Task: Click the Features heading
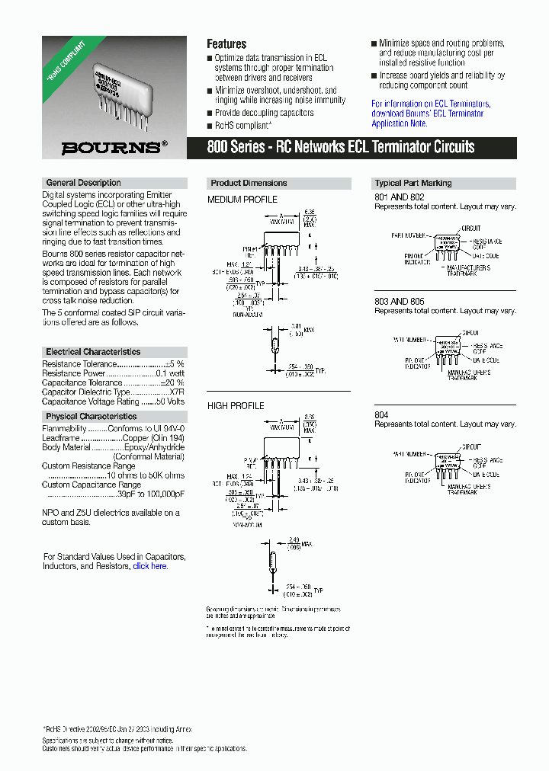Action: tap(226, 44)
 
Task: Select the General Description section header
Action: tap(83, 183)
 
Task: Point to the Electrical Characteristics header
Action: tap(93, 352)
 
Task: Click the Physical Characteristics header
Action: tap(91, 417)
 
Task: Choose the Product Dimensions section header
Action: tap(249, 183)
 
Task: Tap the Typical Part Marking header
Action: tap(413, 183)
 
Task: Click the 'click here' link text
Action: tap(149, 566)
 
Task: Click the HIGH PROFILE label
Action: tap(236, 406)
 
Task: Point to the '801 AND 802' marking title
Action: tap(400, 197)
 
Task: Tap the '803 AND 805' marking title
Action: tap(400, 302)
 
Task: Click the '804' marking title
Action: tap(381, 414)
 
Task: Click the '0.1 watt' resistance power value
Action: tap(169, 374)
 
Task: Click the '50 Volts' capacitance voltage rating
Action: tap(170, 401)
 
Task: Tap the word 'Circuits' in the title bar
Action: tap(451, 147)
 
